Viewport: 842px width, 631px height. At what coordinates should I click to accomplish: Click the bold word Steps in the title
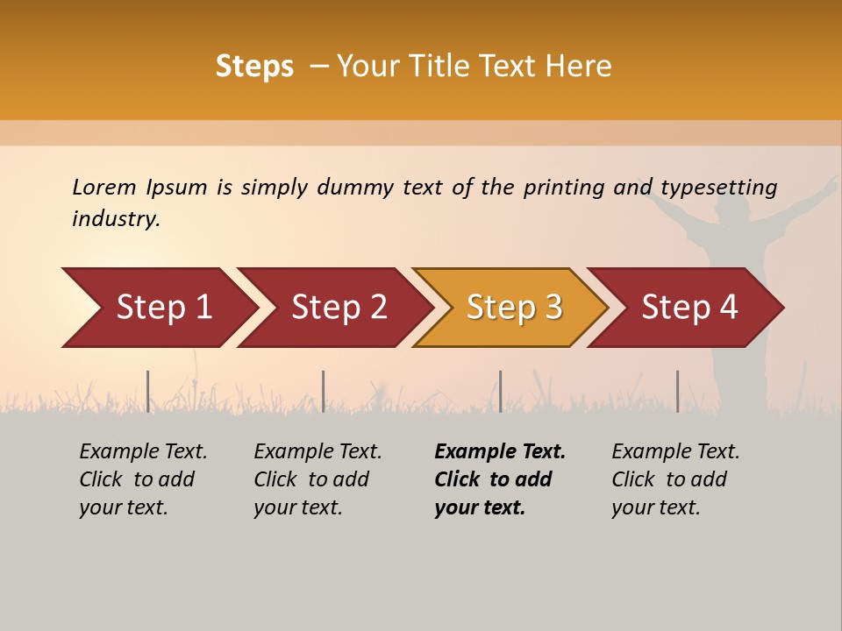[254, 67]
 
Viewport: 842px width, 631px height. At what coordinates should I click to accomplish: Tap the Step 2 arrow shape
[339, 308]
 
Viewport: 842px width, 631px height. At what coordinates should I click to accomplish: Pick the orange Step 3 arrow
[514, 308]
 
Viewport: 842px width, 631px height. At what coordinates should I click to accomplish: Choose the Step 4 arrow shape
[689, 308]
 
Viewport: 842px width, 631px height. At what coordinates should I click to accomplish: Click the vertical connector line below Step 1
[148, 391]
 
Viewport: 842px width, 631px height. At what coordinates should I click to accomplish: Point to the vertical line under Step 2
[324, 391]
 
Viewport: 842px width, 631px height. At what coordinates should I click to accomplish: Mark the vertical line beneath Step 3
[501, 391]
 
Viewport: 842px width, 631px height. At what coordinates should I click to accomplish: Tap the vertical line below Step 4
[678, 391]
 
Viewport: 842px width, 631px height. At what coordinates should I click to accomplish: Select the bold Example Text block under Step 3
[500, 479]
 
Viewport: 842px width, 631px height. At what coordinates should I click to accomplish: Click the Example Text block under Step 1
[143, 479]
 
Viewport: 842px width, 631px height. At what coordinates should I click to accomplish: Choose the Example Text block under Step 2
[318, 479]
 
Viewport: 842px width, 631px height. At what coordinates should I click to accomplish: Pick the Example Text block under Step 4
[675, 479]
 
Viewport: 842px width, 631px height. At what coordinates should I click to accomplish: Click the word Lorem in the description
[103, 188]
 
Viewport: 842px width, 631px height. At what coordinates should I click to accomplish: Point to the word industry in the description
[116, 219]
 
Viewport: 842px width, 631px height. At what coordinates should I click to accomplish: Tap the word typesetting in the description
[718, 188]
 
